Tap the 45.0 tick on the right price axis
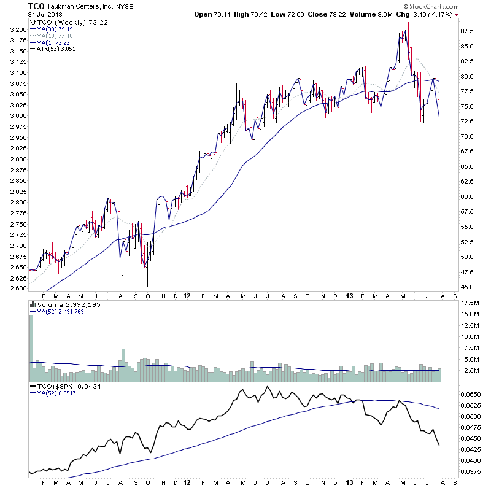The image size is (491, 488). [468, 287]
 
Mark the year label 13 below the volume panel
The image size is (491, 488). [350, 382]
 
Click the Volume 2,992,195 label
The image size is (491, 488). [65, 304]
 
